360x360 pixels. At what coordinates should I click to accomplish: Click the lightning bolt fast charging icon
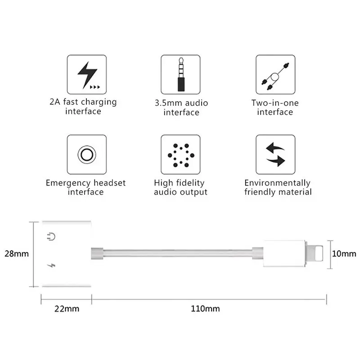coord(87,75)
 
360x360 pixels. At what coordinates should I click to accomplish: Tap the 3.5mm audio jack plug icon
coord(181,74)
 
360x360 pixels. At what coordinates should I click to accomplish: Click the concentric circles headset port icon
coord(87,154)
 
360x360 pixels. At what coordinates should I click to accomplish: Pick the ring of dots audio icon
coord(181,155)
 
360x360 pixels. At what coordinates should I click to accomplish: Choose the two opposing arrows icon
coord(275,154)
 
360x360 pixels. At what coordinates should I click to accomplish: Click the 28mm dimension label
coord(17,254)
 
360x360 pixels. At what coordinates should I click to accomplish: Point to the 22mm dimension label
coord(67,309)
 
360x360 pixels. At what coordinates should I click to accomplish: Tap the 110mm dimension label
coord(205,309)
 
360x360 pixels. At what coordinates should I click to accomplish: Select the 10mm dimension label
coord(344,254)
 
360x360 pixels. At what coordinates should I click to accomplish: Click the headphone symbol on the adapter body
coord(51,237)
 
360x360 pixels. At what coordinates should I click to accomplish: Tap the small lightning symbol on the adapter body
coord(51,265)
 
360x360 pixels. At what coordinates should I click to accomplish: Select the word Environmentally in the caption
coord(277,183)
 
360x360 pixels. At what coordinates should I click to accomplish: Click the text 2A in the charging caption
coord(54,102)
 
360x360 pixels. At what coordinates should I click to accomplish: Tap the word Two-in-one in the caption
coord(275,103)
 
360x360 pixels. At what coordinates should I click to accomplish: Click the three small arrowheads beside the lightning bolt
coord(95,87)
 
